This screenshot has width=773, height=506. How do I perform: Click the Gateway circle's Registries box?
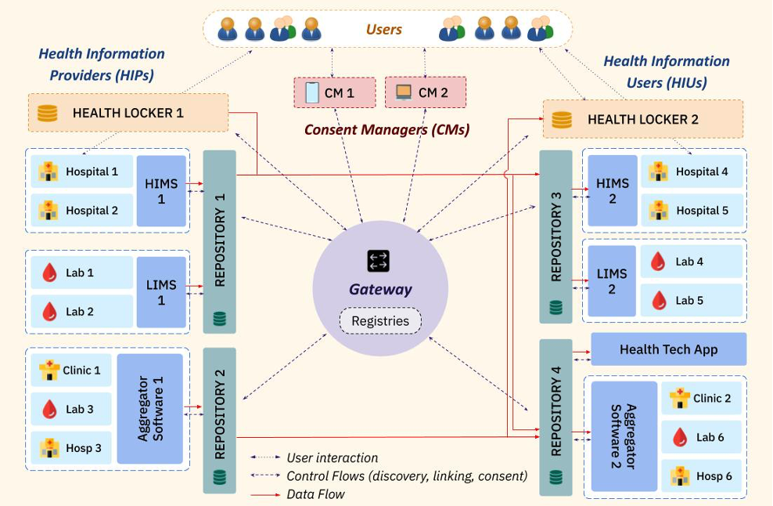[x=380, y=321]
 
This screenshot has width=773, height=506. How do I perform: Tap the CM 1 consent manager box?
[x=334, y=92]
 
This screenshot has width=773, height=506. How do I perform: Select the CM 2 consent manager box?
[x=426, y=92]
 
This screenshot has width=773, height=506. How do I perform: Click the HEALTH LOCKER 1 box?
[x=128, y=113]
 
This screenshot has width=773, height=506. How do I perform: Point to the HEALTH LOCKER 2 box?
[x=642, y=119]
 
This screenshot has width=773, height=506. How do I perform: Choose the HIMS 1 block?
[x=161, y=191]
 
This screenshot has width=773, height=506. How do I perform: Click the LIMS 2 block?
[x=612, y=281]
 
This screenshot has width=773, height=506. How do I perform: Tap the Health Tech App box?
[x=668, y=349]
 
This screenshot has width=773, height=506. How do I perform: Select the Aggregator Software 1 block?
[x=149, y=409]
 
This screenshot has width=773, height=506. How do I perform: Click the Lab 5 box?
[x=691, y=300]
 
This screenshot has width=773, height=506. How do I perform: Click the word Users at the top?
[x=383, y=30]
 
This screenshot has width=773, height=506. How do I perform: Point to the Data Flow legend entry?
[x=315, y=493]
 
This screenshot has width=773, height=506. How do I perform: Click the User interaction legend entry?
[x=332, y=457]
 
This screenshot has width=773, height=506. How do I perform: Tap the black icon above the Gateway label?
[x=379, y=261]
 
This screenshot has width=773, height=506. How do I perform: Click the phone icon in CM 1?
[x=311, y=92]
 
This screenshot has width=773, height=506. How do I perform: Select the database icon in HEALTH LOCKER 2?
[x=562, y=120]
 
